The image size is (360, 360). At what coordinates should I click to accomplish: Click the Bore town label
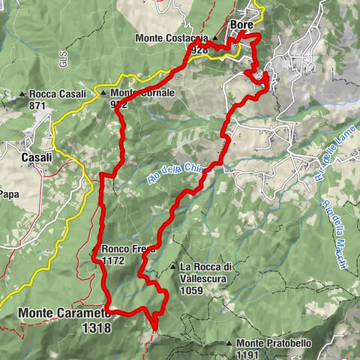point(241,25)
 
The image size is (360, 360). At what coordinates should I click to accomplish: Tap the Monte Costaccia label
point(172,37)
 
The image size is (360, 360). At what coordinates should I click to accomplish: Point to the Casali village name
point(37,157)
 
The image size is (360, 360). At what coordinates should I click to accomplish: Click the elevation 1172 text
point(112,261)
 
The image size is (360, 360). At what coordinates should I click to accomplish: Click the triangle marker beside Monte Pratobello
point(229,343)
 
